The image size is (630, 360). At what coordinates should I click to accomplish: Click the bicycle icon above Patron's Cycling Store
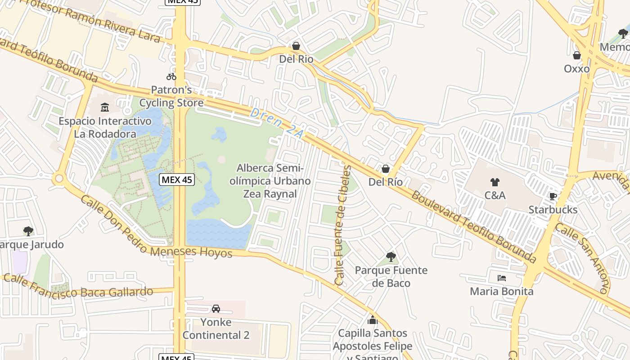click(171, 76)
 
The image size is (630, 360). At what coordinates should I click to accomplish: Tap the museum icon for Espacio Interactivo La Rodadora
click(105, 107)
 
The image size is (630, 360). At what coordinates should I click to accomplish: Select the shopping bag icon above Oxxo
click(576, 55)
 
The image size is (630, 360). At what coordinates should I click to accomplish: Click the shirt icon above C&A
click(495, 182)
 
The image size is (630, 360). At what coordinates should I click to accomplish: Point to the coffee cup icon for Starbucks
click(553, 196)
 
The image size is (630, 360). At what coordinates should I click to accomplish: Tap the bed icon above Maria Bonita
click(502, 278)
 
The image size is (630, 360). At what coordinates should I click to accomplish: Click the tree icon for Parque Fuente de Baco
click(391, 257)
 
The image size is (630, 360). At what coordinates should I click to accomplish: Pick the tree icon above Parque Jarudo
click(28, 231)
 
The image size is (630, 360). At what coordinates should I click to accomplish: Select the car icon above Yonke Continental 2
click(216, 309)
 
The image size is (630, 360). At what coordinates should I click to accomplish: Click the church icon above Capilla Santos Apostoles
click(372, 320)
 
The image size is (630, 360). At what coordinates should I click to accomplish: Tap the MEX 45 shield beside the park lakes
click(177, 180)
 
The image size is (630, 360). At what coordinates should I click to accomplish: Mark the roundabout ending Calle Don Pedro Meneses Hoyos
click(58, 179)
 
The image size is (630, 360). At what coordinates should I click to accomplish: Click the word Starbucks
click(553, 210)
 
